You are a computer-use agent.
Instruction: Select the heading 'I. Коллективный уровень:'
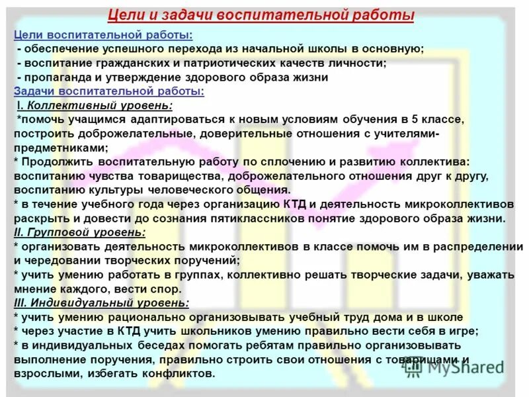(x=95, y=105)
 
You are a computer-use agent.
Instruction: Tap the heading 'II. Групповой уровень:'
(x=79, y=232)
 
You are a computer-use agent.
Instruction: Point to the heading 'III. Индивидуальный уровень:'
(x=101, y=303)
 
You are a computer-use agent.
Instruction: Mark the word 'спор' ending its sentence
(x=166, y=289)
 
